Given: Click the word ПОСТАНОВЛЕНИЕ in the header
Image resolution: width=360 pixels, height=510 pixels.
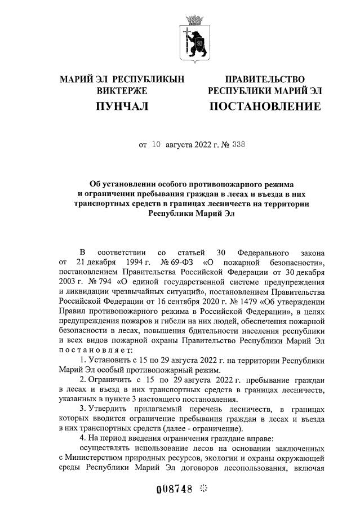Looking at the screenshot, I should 264,106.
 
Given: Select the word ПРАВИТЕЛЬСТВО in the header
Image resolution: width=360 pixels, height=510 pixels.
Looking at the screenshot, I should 265,79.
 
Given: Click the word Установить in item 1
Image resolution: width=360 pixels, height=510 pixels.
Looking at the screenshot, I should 114,358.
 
